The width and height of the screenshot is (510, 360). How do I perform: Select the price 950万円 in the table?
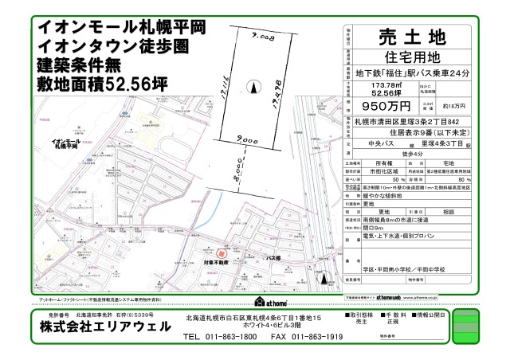pos(386,105)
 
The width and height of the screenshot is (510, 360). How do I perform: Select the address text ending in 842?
pos(398,121)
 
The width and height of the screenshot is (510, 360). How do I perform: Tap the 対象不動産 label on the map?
pos(216,261)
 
